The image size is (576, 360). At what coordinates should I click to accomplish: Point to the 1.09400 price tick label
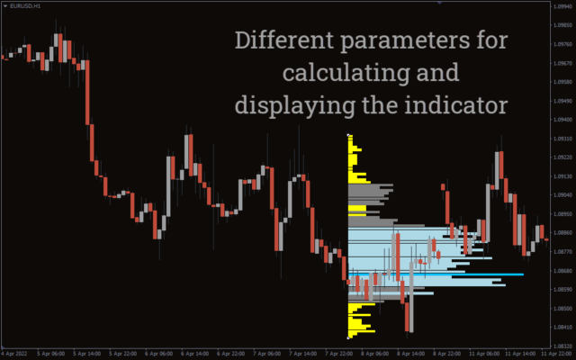562,119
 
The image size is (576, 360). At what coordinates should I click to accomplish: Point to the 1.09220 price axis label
562,157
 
